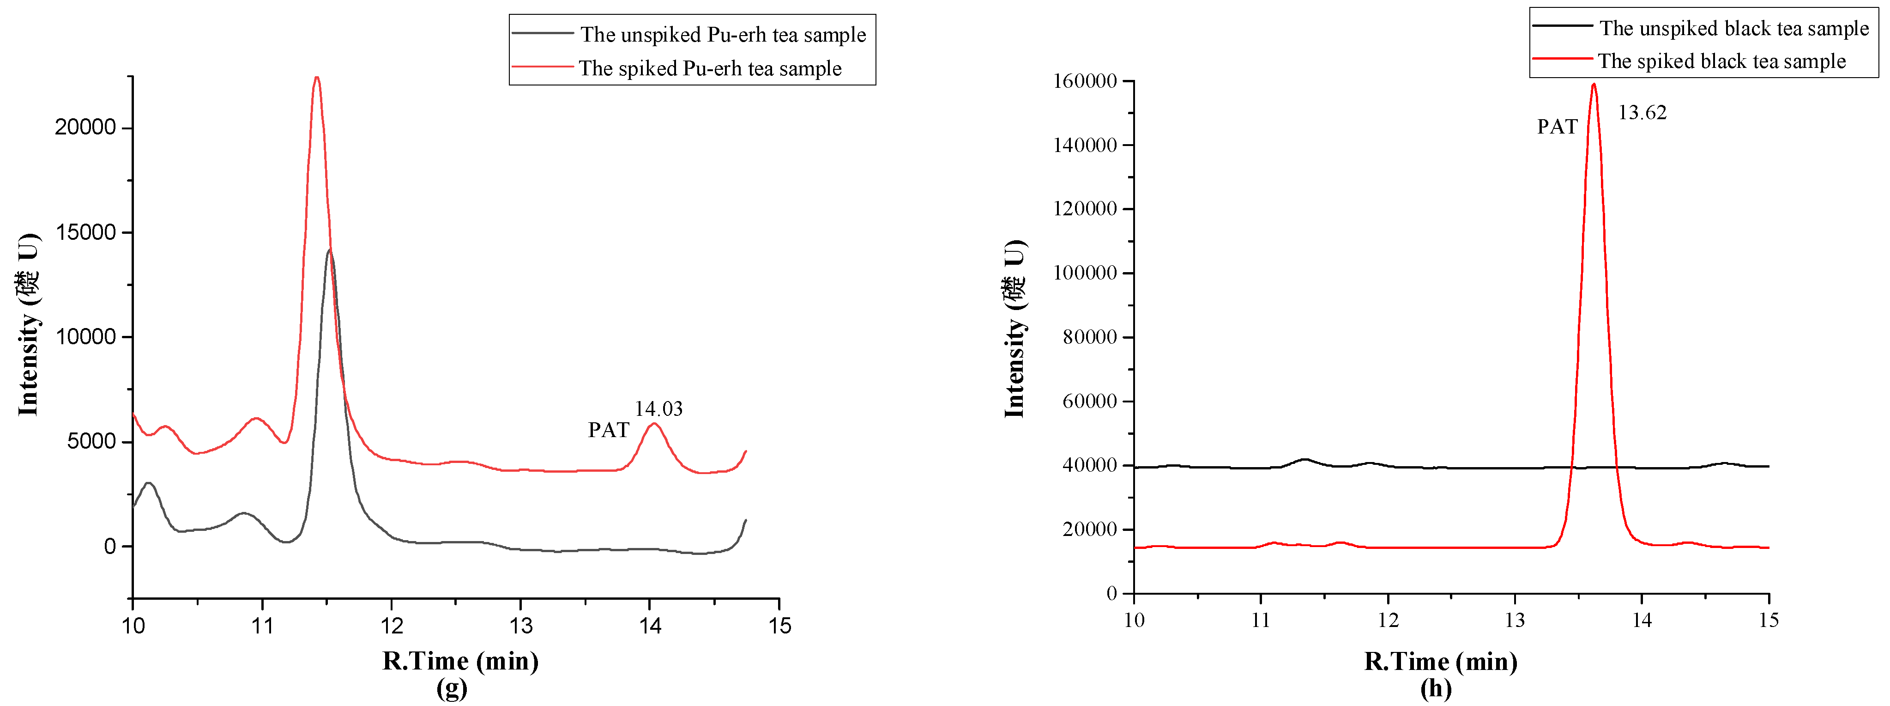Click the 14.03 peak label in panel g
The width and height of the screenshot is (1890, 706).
click(658, 409)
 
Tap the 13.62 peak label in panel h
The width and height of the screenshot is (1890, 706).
click(1642, 113)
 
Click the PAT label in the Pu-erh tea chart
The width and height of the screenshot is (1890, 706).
click(608, 430)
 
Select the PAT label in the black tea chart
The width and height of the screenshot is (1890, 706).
click(1557, 127)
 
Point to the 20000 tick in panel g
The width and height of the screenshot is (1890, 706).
click(85, 128)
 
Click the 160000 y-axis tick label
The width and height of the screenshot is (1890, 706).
click(1084, 81)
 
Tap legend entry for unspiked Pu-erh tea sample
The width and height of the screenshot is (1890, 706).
click(723, 35)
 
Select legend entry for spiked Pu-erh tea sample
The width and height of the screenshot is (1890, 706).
click(709, 68)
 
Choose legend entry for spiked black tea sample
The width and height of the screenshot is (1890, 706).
click(1721, 61)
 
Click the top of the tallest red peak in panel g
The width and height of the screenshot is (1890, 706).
click(316, 78)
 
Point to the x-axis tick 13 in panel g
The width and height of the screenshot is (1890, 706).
click(520, 626)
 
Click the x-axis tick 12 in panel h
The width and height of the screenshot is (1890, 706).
click(1388, 621)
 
